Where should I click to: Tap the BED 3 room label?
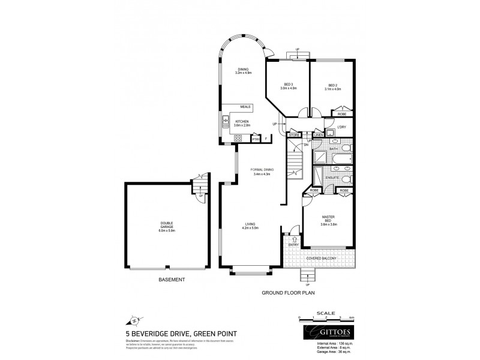pyautogui.click(x=288, y=84)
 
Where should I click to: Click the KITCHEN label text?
pyautogui.click(x=242, y=122)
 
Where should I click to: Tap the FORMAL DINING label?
pyautogui.click(x=262, y=170)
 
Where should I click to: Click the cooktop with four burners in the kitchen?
pyautogui.click(x=238, y=139)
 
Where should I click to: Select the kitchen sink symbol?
pyautogui.click(x=227, y=121)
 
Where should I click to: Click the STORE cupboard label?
pyautogui.click(x=294, y=136)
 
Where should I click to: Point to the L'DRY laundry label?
pyautogui.click(x=343, y=127)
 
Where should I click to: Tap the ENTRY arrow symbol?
pyautogui.click(x=294, y=239)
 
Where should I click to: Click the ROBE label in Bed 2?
pyautogui.click(x=341, y=113)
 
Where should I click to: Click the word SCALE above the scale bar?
pyautogui.click(x=326, y=311)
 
